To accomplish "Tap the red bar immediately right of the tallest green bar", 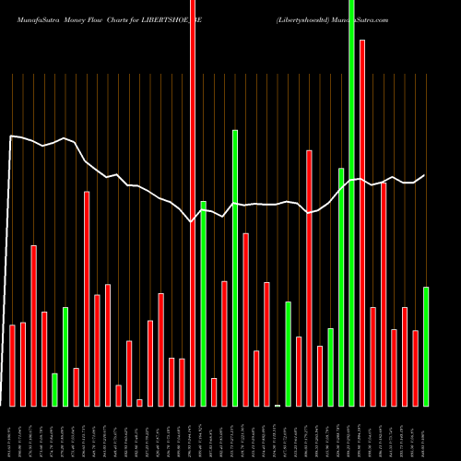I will [x=362, y=222].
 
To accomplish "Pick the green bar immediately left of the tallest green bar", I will [x=341, y=287].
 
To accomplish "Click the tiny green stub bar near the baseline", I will [x=278, y=405].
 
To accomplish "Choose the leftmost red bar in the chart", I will [x=12, y=365].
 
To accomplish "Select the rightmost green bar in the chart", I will [x=426, y=346].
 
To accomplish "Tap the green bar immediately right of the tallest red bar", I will [x=203, y=303].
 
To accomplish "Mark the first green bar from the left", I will [x=54, y=389].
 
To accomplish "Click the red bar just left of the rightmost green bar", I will [x=416, y=368].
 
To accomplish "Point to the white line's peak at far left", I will [x=11, y=136].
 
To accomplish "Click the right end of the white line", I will [x=425, y=175].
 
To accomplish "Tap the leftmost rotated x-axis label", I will [x=12, y=433].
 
